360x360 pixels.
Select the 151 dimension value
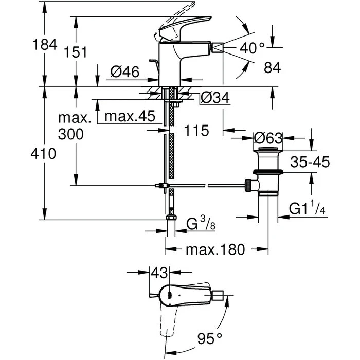[x=76, y=52]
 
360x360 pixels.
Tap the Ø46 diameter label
[x=123, y=73]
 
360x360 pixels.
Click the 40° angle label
[x=252, y=48]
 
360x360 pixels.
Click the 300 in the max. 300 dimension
[x=72, y=135]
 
